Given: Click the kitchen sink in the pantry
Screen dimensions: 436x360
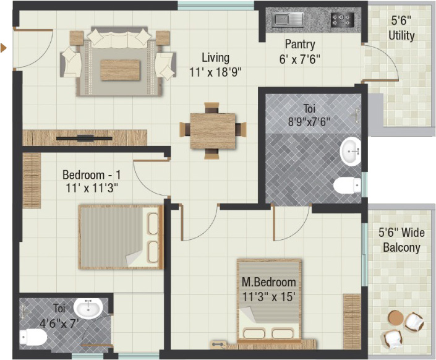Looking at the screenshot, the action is (288, 20).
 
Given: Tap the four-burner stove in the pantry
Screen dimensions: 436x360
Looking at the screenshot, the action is (342, 20).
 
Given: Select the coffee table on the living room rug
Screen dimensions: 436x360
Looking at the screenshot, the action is (120, 69).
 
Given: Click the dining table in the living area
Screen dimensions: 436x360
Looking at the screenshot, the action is (213, 131).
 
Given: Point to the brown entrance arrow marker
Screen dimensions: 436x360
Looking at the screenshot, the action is (3, 48).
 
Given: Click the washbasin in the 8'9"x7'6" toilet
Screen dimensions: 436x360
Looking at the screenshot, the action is (351, 152).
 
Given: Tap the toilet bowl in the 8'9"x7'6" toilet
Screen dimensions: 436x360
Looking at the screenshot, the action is (348, 186).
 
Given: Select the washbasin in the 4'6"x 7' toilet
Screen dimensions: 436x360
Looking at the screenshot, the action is (88, 309).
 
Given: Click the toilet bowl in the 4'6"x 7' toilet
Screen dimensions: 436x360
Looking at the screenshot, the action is (33, 337).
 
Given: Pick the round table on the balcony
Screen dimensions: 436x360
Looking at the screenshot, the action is (395, 317).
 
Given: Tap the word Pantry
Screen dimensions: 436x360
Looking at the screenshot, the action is (300, 45).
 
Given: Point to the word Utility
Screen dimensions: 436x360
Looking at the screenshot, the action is (401, 36).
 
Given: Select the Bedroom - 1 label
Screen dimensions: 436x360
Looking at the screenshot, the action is (92, 174).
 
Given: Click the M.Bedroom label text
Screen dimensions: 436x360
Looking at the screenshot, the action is (268, 282).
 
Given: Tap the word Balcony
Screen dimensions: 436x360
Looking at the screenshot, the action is (401, 247).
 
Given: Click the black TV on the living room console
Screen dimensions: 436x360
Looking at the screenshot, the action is (84, 139).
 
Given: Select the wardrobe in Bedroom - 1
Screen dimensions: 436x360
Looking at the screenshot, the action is (32, 180).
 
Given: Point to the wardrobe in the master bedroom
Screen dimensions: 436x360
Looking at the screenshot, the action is (352, 321).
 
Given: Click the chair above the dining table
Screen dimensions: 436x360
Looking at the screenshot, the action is (212, 108).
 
